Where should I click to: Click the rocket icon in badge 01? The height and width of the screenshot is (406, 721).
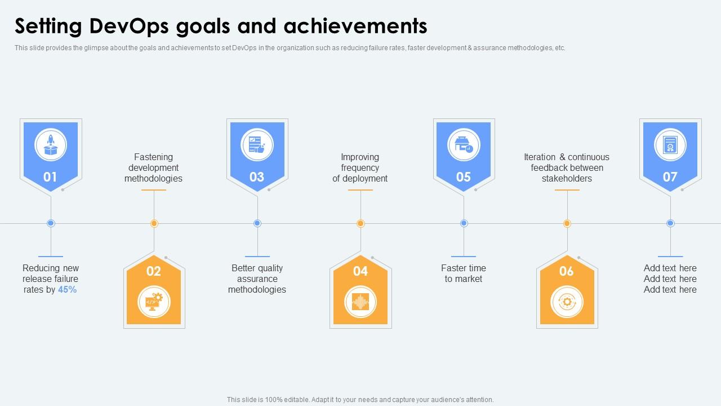point(51,145)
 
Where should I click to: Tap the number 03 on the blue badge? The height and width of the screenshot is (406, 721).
point(257,177)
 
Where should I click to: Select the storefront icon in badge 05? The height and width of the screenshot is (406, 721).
point(464,145)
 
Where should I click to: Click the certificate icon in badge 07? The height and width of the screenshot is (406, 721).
point(670,145)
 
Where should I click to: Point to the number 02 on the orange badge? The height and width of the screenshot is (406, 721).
point(154,271)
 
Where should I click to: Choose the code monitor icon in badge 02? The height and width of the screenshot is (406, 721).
point(154,302)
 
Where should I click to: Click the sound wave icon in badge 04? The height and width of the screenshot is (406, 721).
point(360,302)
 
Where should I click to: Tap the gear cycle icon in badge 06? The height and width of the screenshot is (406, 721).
point(567,302)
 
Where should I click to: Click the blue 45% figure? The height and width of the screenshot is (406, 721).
point(67,290)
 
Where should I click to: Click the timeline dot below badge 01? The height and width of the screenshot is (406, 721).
point(51,223)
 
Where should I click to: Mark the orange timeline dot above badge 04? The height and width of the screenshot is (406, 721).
point(360,223)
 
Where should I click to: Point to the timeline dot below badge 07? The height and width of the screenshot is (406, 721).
point(670,223)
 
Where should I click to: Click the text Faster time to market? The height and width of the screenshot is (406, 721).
point(464,273)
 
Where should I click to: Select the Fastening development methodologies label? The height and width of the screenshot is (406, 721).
point(153,168)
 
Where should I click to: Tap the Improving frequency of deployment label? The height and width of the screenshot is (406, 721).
point(360,168)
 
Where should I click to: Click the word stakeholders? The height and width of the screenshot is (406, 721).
point(567,179)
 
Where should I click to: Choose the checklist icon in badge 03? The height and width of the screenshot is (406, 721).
point(257,145)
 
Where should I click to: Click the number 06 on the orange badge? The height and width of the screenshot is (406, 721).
point(567,271)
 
